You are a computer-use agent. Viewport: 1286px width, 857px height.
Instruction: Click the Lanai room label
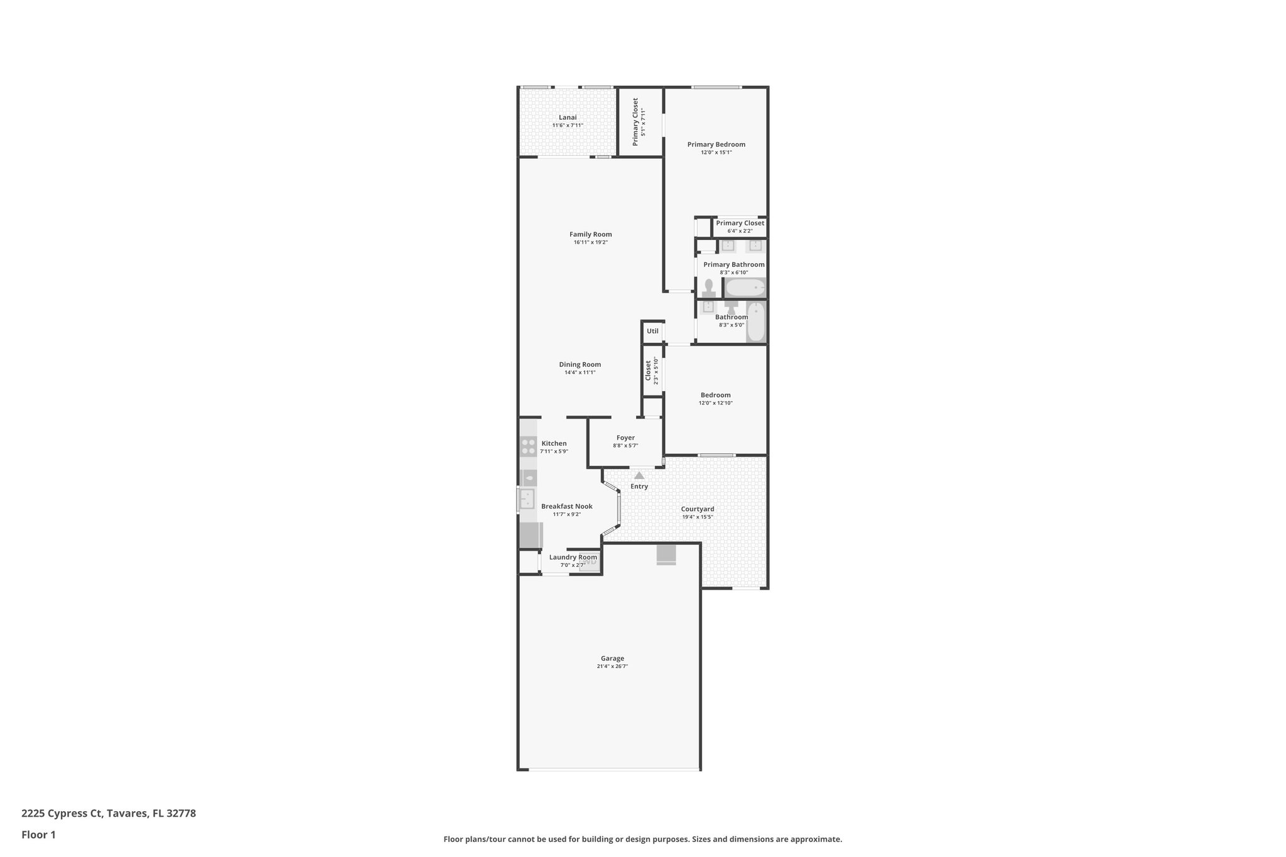point(568,117)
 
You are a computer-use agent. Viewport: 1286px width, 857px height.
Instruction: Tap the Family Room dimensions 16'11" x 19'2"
point(590,242)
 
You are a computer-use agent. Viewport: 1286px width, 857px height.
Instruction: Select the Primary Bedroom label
point(716,144)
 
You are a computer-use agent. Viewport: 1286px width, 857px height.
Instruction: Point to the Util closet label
point(652,331)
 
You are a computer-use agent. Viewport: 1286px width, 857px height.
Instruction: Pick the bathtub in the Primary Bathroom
point(745,288)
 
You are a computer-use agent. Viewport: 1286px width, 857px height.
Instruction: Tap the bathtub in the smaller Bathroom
point(756,322)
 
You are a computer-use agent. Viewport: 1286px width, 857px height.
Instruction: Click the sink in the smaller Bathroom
point(708,306)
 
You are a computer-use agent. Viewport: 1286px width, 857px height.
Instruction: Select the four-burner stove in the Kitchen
point(528,446)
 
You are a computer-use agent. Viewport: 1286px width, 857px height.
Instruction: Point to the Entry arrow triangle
point(639,475)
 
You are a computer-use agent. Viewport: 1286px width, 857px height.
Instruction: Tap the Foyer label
point(625,438)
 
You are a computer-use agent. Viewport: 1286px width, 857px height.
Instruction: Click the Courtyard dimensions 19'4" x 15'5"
point(698,517)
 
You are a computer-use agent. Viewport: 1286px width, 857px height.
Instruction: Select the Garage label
point(612,659)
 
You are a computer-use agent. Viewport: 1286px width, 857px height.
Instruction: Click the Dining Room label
point(580,364)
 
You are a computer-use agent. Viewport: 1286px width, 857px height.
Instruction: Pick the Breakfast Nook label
point(566,506)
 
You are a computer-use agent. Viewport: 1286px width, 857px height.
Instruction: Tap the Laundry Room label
point(573,557)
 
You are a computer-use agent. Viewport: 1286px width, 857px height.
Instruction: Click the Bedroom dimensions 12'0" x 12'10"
point(715,403)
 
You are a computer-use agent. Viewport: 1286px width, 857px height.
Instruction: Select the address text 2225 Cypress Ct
point(62,814)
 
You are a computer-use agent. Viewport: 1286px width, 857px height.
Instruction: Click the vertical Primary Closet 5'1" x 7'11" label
point(635,121)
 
